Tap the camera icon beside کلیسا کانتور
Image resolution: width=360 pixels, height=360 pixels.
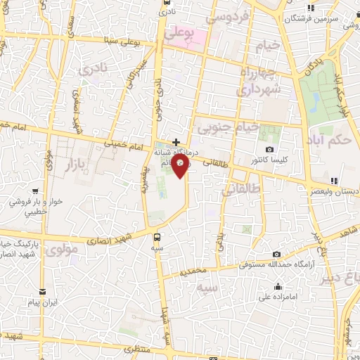tap(270, 149)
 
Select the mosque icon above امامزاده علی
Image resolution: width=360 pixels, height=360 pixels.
tap(278, 286)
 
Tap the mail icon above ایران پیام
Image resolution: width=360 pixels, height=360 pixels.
tap(43, 291)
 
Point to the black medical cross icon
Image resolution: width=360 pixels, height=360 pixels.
tap(176, 142)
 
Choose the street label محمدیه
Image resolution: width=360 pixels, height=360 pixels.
tap(193, 271)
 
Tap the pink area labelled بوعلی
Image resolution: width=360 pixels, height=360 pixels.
tap(185, 32)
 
